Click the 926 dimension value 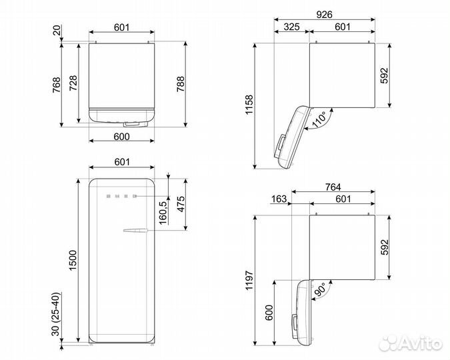click(324, 15)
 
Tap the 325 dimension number click(291, 27)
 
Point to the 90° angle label click(319, 289)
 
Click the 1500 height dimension click(73, 260)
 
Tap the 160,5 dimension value click(163, 213)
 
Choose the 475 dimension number click(181, 204)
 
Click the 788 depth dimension click(181, 84)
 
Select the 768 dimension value click(56, 85)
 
